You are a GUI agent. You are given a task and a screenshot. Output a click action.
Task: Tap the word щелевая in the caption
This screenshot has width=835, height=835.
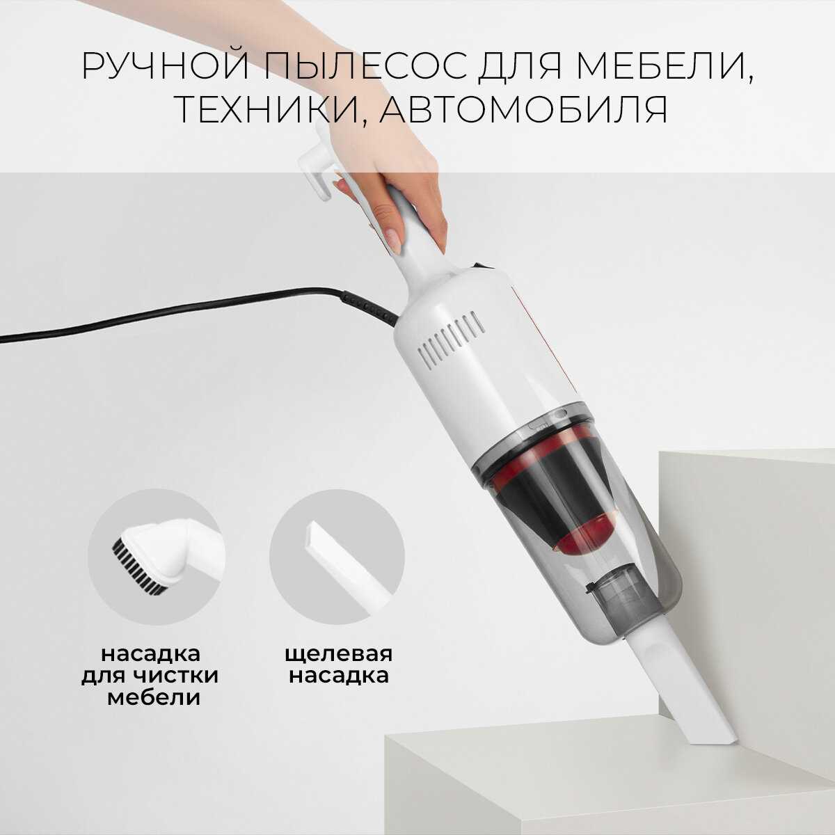(338, 654)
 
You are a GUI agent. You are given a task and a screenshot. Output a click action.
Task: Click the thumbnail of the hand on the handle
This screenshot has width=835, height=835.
(393, 239)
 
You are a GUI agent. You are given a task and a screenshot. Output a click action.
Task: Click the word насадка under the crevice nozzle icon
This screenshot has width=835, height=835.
(338, 676)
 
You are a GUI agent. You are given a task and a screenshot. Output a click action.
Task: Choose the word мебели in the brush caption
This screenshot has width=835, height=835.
(154, 698)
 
